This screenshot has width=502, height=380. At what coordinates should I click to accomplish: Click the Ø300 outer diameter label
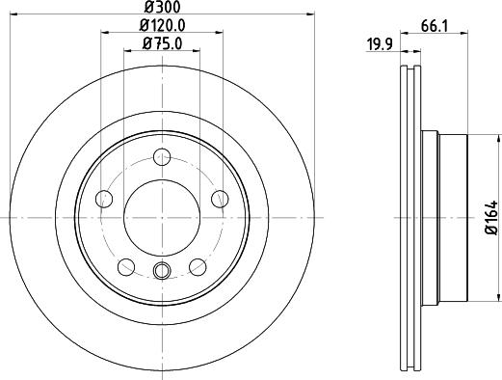coord(161,8)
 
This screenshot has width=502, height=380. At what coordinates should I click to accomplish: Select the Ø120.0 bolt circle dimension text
coord(161,25)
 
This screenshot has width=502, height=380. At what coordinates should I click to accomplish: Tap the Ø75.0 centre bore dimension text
coord(161,42)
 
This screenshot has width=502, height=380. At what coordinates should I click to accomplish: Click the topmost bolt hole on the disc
coord(162,156)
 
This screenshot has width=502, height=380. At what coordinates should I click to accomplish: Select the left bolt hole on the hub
coord(104,199)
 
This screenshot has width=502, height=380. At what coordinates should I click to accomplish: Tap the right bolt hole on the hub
coord(220,199)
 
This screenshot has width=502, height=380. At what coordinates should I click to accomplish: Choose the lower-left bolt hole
coord(126,266)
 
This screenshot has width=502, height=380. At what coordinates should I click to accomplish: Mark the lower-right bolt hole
coord(198,266)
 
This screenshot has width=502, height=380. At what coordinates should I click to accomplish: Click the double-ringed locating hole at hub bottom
coord(162,271)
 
